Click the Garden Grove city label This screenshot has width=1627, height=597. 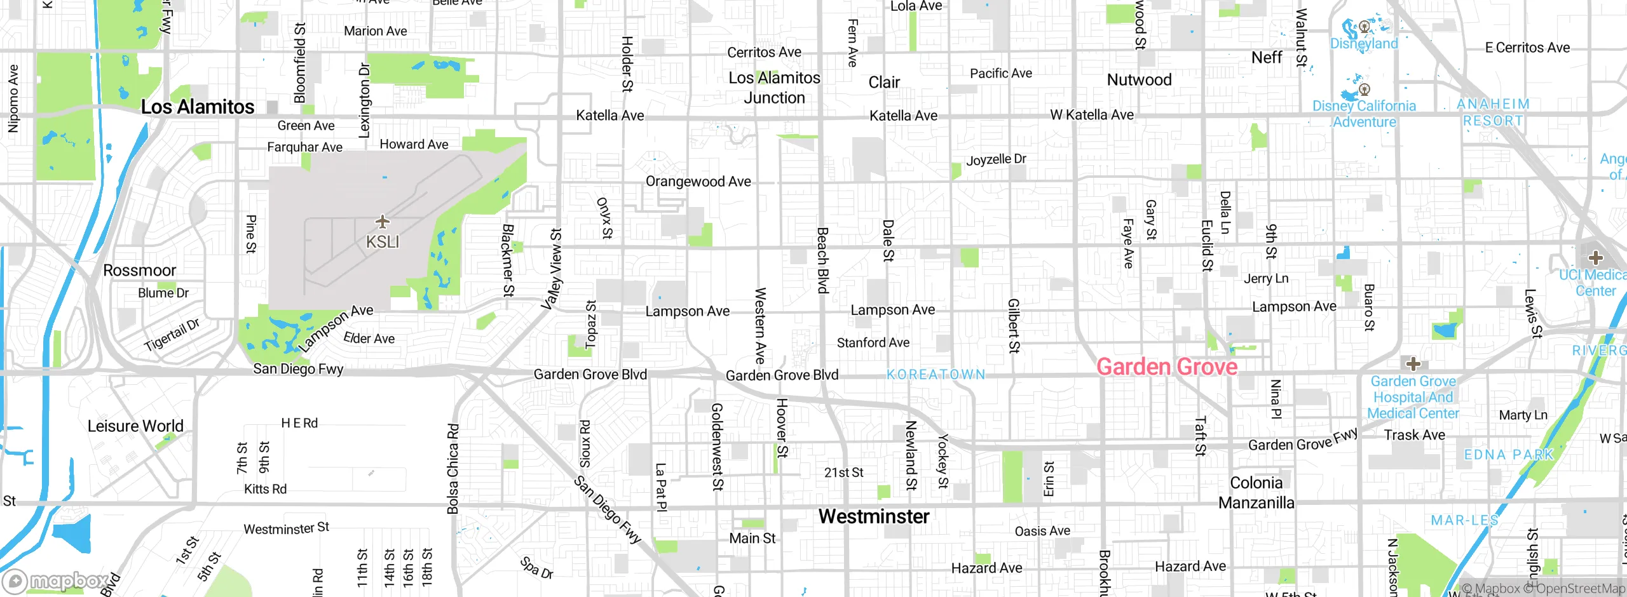(1167, 367)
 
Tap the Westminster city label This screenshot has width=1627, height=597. (873, 516)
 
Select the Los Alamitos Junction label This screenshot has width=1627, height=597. (774, 88)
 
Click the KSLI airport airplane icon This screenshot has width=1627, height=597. (382, 222)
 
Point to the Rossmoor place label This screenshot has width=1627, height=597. (139, 271)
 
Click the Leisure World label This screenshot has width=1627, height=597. (135, 426)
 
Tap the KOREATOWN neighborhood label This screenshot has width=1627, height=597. (936, 375)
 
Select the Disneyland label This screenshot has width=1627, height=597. (1364, 44)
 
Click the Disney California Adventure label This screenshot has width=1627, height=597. (1365, 114)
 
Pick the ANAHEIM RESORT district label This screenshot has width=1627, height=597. (1493, 112)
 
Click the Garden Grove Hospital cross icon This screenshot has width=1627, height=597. (1413, 364)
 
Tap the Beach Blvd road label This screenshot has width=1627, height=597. (822, 260)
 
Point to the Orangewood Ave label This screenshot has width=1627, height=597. (698, 182)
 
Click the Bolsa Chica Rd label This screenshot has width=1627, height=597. (453, 469)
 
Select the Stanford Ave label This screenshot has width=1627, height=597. (873, 343)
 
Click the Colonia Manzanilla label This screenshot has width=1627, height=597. (1256, 493)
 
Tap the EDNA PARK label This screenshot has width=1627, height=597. (1508, 455)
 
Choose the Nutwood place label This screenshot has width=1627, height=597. (1139, 80)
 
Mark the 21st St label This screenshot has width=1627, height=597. (843, 473)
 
